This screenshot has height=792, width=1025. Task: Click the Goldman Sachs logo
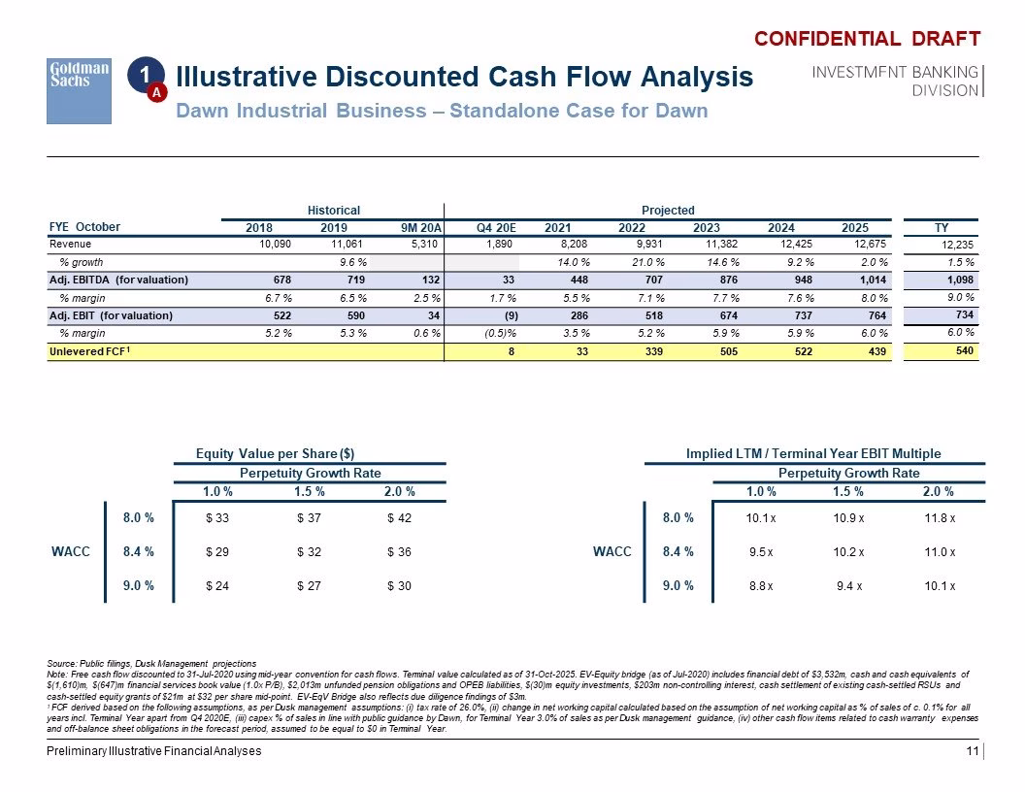pos(79,91)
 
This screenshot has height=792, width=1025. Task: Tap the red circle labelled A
pos(157,93)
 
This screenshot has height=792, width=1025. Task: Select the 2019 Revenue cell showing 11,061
pos(347,244)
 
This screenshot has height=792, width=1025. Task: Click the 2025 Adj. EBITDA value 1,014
pos(873,280)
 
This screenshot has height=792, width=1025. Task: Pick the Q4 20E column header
pos(496,227)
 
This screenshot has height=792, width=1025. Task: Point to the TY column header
pos(942,227)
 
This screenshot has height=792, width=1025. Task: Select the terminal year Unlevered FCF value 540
pos(964,351)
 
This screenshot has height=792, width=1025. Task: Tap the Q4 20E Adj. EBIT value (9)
pos(512,315)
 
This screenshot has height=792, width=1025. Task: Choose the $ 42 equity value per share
pos(399,518)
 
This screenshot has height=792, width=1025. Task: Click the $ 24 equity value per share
pos(217,586)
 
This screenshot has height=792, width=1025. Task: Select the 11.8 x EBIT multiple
pos(940,518)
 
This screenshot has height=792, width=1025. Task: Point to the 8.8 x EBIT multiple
pos(762,586)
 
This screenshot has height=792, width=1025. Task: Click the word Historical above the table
pos(333,211)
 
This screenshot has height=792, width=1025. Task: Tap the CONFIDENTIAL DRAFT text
pos(868,39)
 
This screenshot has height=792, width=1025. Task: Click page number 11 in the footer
pos(973,751)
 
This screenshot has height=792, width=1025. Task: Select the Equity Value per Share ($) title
pos(276,453)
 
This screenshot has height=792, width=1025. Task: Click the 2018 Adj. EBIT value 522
pos(282,315)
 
